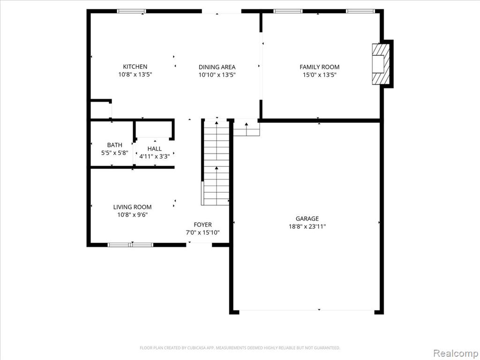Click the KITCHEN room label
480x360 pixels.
135,67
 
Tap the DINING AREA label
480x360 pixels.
217,67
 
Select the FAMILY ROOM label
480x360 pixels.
319,67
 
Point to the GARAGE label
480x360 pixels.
307,218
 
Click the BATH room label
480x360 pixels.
114,145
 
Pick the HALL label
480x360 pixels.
155,149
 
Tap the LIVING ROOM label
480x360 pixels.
132,207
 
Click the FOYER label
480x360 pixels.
202,225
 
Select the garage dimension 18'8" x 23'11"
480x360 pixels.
307,226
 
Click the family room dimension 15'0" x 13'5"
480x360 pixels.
319,75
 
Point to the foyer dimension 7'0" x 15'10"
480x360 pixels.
202,232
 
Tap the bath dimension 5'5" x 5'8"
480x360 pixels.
114,153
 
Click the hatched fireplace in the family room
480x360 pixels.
381,64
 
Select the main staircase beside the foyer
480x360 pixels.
217,163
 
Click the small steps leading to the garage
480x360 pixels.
247,128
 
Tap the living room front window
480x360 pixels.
131,245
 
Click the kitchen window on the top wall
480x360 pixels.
132,11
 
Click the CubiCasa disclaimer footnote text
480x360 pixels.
240,348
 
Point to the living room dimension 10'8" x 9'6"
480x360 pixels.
132,215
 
